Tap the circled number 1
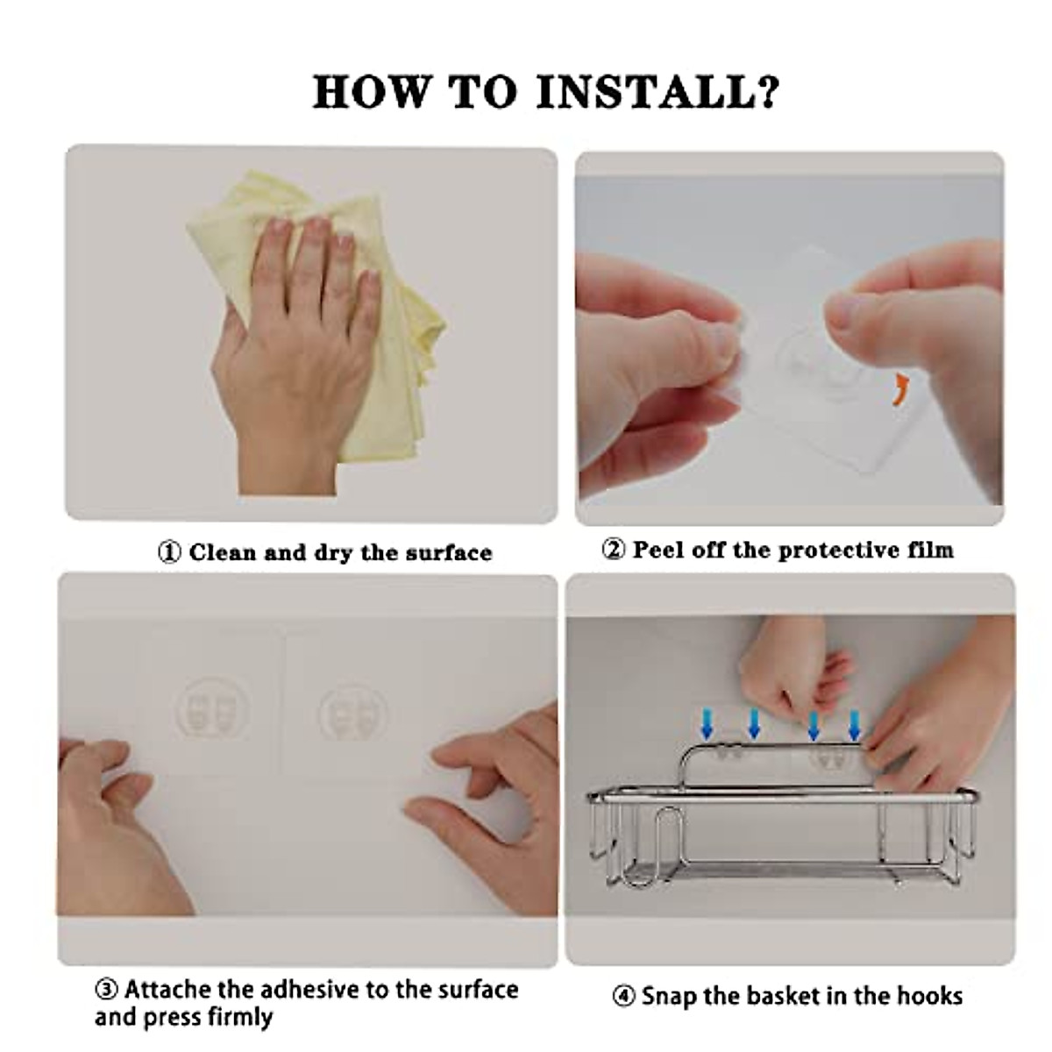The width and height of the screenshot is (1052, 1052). [169, 552]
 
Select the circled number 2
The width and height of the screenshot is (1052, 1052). [613, 549]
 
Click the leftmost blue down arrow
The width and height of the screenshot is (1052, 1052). [707, 724]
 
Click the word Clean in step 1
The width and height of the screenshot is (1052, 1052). [223, 552]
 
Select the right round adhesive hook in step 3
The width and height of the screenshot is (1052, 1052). [354, 712]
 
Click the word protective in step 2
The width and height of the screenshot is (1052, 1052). [840, 550]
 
